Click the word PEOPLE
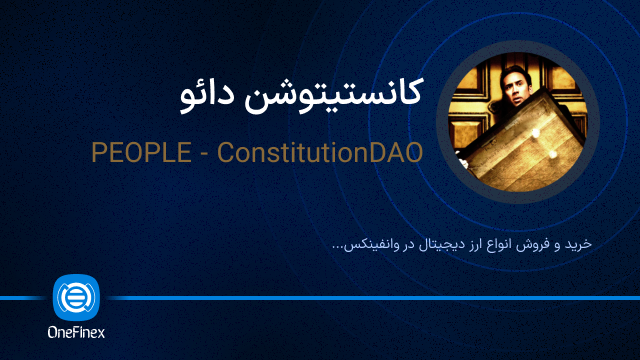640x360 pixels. (135, 153)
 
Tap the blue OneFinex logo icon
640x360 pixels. (75, 297)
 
